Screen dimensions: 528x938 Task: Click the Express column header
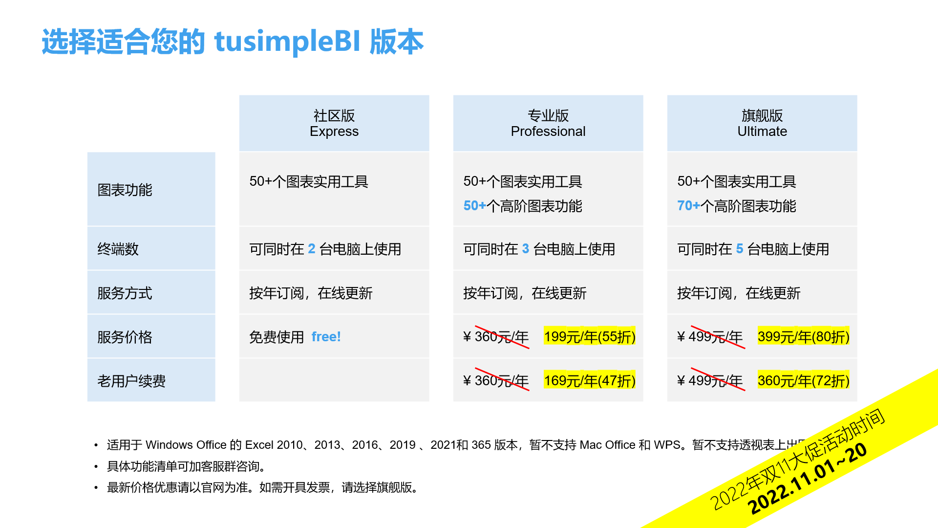[x=334, y=123]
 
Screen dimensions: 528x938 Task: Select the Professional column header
[x=548, y=123]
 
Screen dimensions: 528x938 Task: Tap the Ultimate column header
[x=762, y=123]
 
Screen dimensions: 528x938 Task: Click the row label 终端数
[x=118, y=249]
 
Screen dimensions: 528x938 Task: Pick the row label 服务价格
[x=125, y=337]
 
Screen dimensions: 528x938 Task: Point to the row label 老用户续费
[x=131, y=381]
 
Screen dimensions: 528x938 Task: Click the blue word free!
[x=326, y=337]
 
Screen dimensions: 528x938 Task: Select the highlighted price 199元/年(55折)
[x=590, y=336]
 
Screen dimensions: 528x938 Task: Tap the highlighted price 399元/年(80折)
[x=804, y=336]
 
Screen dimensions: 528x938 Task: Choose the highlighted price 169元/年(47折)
[x=590, y=380]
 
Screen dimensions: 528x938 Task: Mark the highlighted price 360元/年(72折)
[x=804, y=380]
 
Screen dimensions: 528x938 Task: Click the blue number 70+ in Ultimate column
[x=688, y=206]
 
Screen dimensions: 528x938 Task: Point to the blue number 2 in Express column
[x=312, y=249]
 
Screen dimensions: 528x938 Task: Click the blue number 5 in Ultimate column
[x=740, y=249]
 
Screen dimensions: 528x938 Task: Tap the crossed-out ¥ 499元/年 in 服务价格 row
[x=710, y=337]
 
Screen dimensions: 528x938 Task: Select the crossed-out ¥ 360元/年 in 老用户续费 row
[x=496, y=381]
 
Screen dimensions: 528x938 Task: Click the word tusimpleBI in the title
[x=287, y=41]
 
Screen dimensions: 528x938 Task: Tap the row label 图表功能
[x=125, y=190]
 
